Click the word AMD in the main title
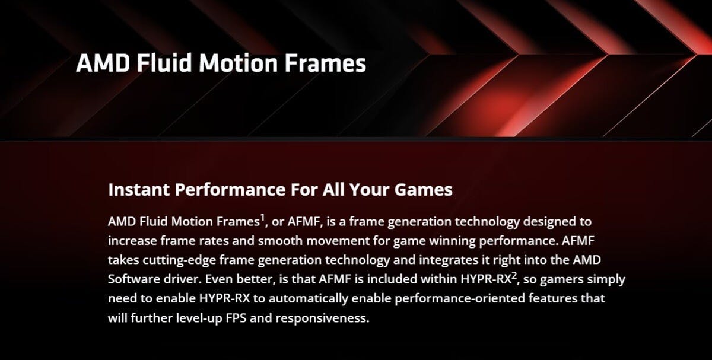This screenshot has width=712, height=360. tap(103, 63)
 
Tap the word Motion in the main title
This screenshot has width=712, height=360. tap(239, 63)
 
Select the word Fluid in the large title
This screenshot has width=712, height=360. tap(165, 63)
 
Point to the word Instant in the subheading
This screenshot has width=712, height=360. tap(138, 190)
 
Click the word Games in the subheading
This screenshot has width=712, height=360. tap(424, 190)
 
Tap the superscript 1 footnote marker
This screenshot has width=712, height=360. tap(262, 218)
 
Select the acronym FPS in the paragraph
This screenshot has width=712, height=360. tap(236, 318)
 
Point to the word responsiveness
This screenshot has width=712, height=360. tap(322, 318)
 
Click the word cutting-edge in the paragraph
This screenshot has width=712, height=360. tap(179, 260)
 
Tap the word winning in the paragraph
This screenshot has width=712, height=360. tap(452, 241)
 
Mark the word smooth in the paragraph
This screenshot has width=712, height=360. tap(280, 241)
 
